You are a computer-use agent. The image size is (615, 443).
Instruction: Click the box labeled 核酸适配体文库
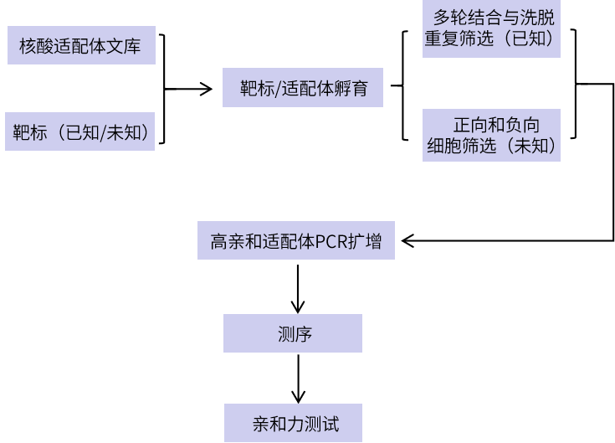80,45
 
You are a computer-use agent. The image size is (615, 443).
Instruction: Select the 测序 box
293,333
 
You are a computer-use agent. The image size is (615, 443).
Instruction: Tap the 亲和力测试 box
293,423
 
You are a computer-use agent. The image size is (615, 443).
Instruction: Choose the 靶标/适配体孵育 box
303,88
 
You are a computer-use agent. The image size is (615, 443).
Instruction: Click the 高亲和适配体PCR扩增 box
296,241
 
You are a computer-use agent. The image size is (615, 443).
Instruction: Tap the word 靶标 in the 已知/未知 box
30,132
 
